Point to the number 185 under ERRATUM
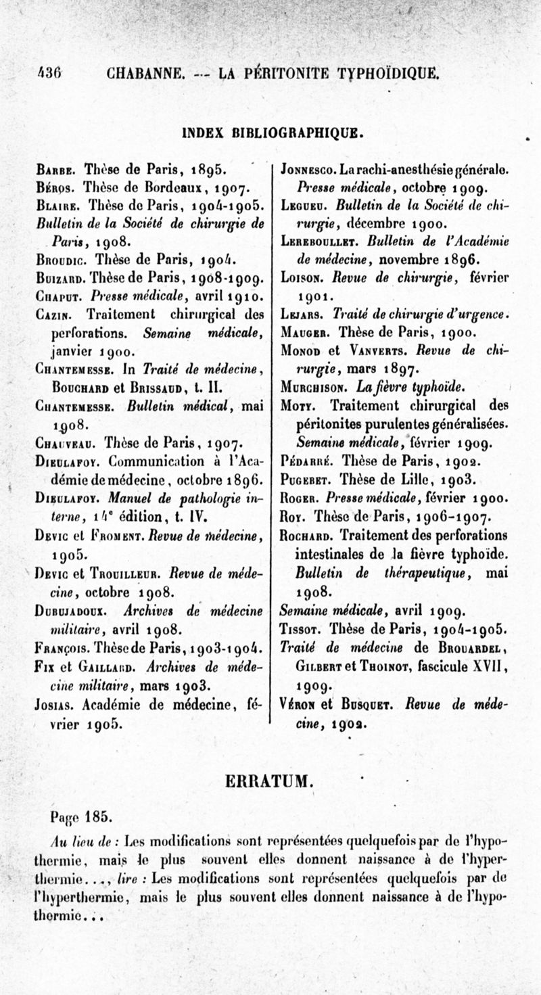[101, 816]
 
